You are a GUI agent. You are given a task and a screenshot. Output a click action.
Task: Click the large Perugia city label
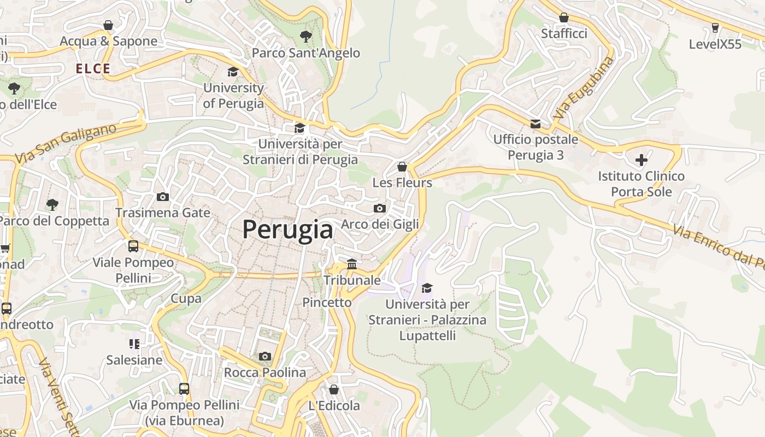pyautogui.click(x=287, y=229)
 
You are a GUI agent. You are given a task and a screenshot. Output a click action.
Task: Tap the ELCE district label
pyautogui.click(x=93, y=69)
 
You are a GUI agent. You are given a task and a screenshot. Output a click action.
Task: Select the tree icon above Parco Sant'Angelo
pyautogui.click(x=305, y=37)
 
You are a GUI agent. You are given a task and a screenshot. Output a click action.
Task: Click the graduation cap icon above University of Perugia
pyautogui.click(x=233, y=72)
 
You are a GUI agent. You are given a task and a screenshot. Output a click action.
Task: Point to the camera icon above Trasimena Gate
pyautogui.click(x=162, y=197)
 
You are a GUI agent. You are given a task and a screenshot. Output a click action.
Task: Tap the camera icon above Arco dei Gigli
pyautogui.click(x=380, y=208)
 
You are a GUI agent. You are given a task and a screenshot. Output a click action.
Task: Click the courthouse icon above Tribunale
pyautogui.click(x=352, y=264)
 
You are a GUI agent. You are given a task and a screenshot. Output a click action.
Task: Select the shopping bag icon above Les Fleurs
pyautogui.click(x=402, y=166)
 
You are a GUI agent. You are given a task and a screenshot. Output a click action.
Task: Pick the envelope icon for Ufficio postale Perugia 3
pyautogui.click(x=535, y=124)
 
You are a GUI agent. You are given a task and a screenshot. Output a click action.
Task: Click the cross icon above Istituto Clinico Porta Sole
pyautogui.click(x=642, y=160)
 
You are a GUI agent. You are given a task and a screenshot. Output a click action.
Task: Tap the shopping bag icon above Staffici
pyautogui.click(x=564, y=17)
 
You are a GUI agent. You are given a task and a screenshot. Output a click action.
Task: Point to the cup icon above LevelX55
pyautogui.click(x=715, y=27)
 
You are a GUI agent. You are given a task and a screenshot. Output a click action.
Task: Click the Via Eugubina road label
pyautogui.click(x=584, y=88)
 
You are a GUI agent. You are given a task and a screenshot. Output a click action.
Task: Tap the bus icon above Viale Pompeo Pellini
pyautogui.click(x=133, y=246)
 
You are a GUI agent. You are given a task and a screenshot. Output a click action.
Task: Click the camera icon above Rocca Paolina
pyautogui.click(x=265, y=357)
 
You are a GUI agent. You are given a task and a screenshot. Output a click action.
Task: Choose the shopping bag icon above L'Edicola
pyautogui.click(x=334, y=389)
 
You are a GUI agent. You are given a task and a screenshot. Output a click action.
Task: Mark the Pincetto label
pyautogui.click(x=327, y=302)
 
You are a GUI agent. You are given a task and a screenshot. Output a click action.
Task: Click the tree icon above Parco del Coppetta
pyautogui.click(x=52, y=205)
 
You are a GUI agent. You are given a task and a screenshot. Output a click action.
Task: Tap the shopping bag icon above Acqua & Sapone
pyautogui.click(x=108, y=25)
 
